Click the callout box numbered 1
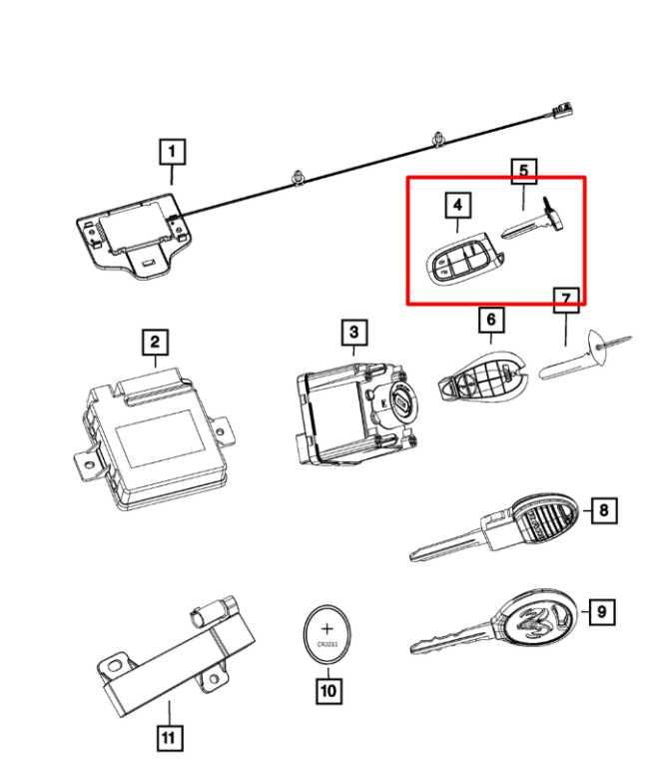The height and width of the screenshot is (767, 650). (172, 153)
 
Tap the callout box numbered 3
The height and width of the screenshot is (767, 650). (353, 331)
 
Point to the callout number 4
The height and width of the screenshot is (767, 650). (457, 206)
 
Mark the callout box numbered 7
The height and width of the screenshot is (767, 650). (566, 299)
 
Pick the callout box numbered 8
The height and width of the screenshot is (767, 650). (604, 511)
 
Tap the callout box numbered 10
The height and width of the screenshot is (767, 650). (327, 689)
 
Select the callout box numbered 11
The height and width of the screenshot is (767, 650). (169, 738)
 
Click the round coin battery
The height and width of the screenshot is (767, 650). (327, 634)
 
